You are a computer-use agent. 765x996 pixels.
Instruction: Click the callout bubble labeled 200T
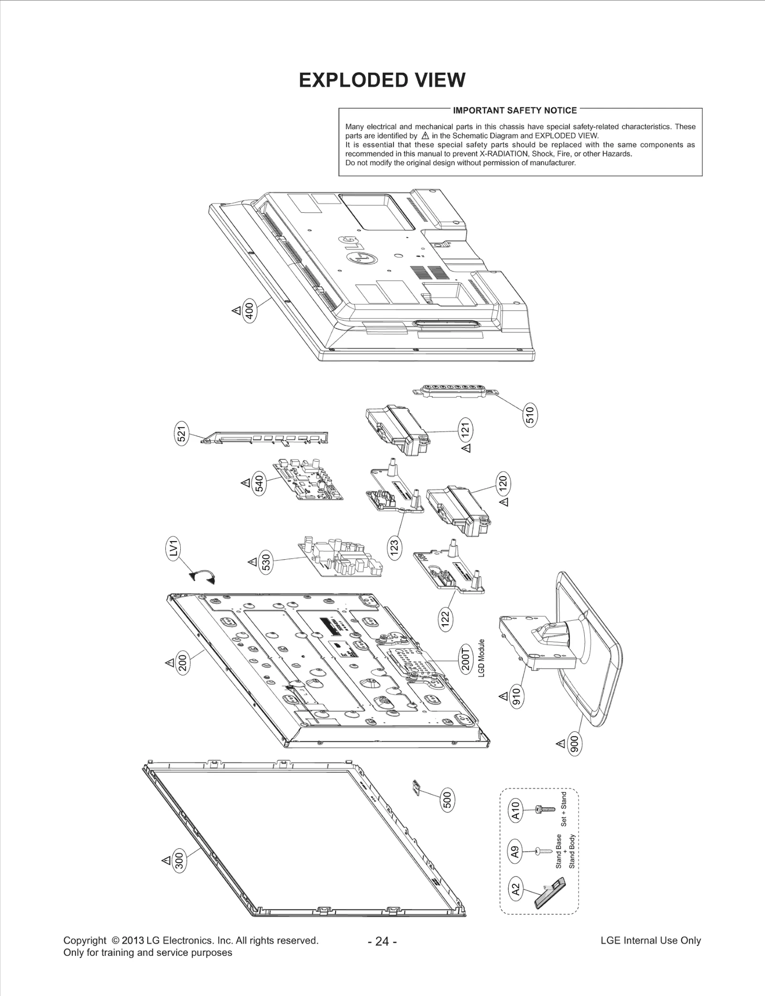[x=466, y=659]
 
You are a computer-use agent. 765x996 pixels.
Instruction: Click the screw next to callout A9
[x=538, y=851]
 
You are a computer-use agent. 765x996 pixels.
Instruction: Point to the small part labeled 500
[x=416, y=788]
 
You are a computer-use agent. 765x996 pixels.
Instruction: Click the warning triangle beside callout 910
[x=503, y=696]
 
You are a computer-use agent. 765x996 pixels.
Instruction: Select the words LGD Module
[x=481, y=658]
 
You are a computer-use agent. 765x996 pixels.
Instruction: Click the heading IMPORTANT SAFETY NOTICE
[x=515, y=111]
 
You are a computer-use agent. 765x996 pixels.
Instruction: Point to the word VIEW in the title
[x=439, y=80]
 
